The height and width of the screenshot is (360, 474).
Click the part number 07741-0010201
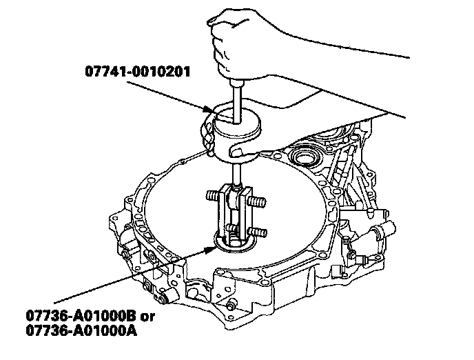tap(138, 72)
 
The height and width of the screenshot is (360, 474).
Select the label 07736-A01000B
tap(81, 316)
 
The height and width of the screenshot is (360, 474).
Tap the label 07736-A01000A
tap(81, 330)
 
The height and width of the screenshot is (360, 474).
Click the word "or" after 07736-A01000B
tap(147, 317)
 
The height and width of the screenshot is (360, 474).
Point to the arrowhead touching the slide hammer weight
tap(209, 109)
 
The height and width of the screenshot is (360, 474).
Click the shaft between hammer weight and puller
tap(237, 174)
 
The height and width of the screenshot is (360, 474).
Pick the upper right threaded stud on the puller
tap(256, 201)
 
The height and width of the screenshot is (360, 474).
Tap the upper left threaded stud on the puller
tap(213, 195)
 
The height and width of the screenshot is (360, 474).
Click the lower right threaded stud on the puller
tap(257, 232)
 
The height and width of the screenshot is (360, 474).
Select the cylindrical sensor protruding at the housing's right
tap(384, 230)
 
